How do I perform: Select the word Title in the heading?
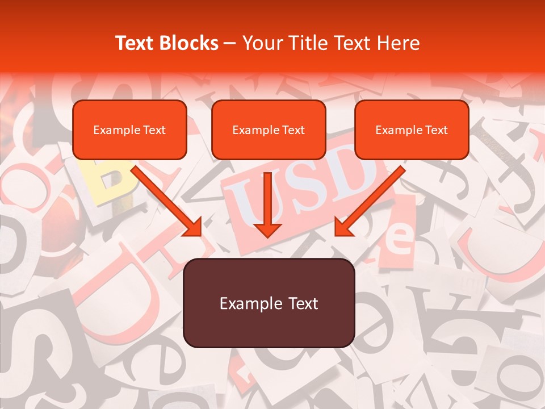[312, 43]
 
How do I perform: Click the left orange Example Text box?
[129, 130]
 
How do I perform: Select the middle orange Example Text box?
[269, 130]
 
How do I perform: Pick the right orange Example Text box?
[412, 130]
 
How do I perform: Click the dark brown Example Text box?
[269, 303]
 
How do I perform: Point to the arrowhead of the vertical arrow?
[267, 229]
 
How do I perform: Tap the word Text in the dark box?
[304, 303]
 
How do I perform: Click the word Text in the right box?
[436, 130]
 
